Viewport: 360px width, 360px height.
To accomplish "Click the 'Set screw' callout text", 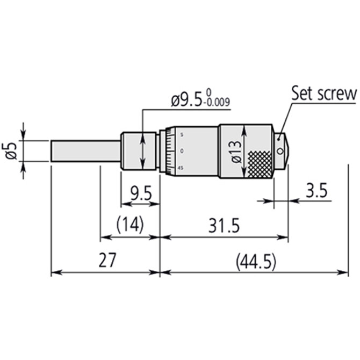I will [x=324, y=93].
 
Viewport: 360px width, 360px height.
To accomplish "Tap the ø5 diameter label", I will [x=12, y=150].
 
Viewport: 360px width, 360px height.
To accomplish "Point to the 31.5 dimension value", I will [x=224, y=226].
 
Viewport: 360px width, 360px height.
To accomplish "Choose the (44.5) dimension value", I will [x=256, y=262].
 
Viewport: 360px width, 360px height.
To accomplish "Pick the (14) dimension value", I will [x=130, y=225].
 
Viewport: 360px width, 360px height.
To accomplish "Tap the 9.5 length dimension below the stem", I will [x=140, y=192].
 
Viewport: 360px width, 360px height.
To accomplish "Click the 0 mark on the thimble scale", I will [x=182, y=150].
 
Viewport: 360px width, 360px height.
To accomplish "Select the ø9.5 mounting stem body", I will [x=139, y=151].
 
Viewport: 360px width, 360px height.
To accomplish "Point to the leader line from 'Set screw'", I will [x=285, y=119].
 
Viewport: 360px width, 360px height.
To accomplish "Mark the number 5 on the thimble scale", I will [x=182, y=133].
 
